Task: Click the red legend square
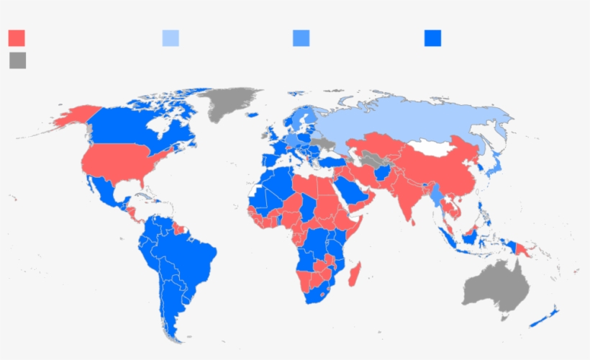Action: [x=17, y=38]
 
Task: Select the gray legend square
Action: [x=18, y=60]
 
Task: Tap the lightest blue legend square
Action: [x=171, y=38]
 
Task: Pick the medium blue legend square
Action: [x=301, y=38]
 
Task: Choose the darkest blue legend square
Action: [x=432, y=38]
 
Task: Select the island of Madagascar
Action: [x=355, y=273]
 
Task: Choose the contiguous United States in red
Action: [x=119, y=162]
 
